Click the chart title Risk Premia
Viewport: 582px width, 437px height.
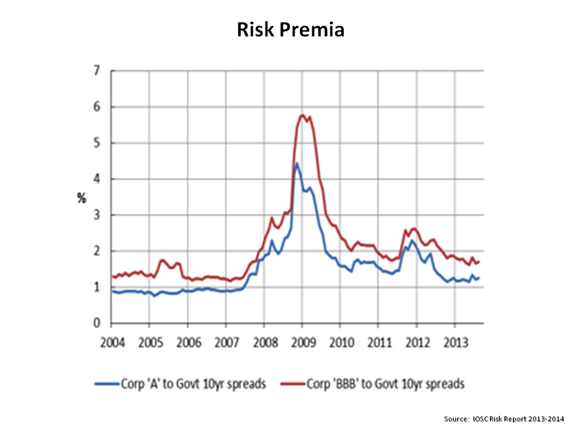290,30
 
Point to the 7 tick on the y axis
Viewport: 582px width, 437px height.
96,71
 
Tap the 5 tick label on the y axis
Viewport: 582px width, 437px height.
96,143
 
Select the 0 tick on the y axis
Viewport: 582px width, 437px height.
96,323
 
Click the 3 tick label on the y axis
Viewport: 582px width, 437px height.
96,215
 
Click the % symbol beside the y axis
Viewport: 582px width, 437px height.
81,198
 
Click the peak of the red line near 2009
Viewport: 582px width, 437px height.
302,115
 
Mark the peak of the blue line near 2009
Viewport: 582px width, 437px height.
296,163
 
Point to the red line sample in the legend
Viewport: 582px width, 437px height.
293,384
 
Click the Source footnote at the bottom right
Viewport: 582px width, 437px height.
504,419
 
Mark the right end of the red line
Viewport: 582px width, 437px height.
479,262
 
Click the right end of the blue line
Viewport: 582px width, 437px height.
479,278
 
